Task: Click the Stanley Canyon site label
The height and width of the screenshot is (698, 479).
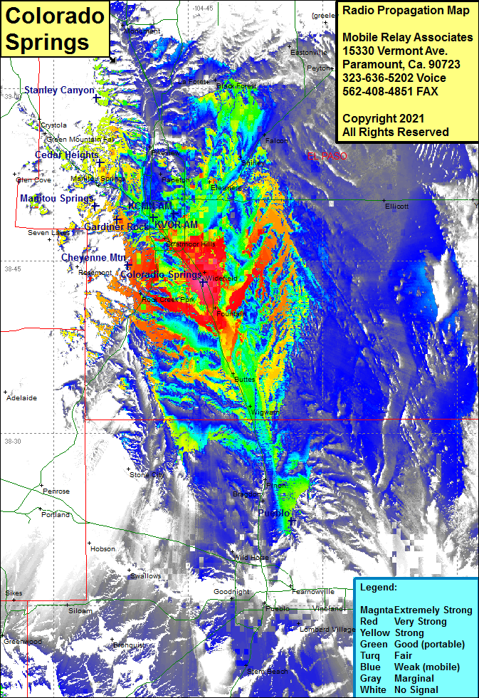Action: click(x=59, y=90)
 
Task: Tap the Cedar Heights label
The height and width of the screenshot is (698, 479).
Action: click(x=67, y=155)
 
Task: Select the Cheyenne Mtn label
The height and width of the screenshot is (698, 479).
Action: click(x=93, y=257)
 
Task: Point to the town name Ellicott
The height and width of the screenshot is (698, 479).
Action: click(x=396, y=206)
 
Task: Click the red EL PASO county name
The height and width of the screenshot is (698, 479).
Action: click(x=327, y=155)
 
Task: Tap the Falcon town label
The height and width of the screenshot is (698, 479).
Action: click(x=276, y=141)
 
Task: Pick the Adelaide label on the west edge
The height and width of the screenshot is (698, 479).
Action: click(x=21, y=398)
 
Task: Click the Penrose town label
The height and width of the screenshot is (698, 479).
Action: click(x=56, y=491)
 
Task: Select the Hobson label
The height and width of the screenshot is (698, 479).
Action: click(x=102, y=549)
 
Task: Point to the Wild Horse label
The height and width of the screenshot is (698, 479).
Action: click(x=251, y=557)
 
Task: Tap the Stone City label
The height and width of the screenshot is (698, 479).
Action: click(x=146, y=474)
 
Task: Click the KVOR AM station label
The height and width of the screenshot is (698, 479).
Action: click(x=176, y=225)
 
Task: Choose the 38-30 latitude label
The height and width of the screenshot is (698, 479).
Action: click(x=14, y=442)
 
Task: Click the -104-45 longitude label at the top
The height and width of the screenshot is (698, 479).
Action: click(x=202, y=8)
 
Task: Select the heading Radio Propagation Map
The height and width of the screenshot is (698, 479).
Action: click(x=406, y=11)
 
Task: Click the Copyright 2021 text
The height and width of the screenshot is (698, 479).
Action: click(x=384, y=118)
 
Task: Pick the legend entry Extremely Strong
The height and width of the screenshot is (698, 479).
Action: click(x=433, y=610)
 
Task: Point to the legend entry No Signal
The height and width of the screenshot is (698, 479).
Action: click(x=416, y=690)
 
